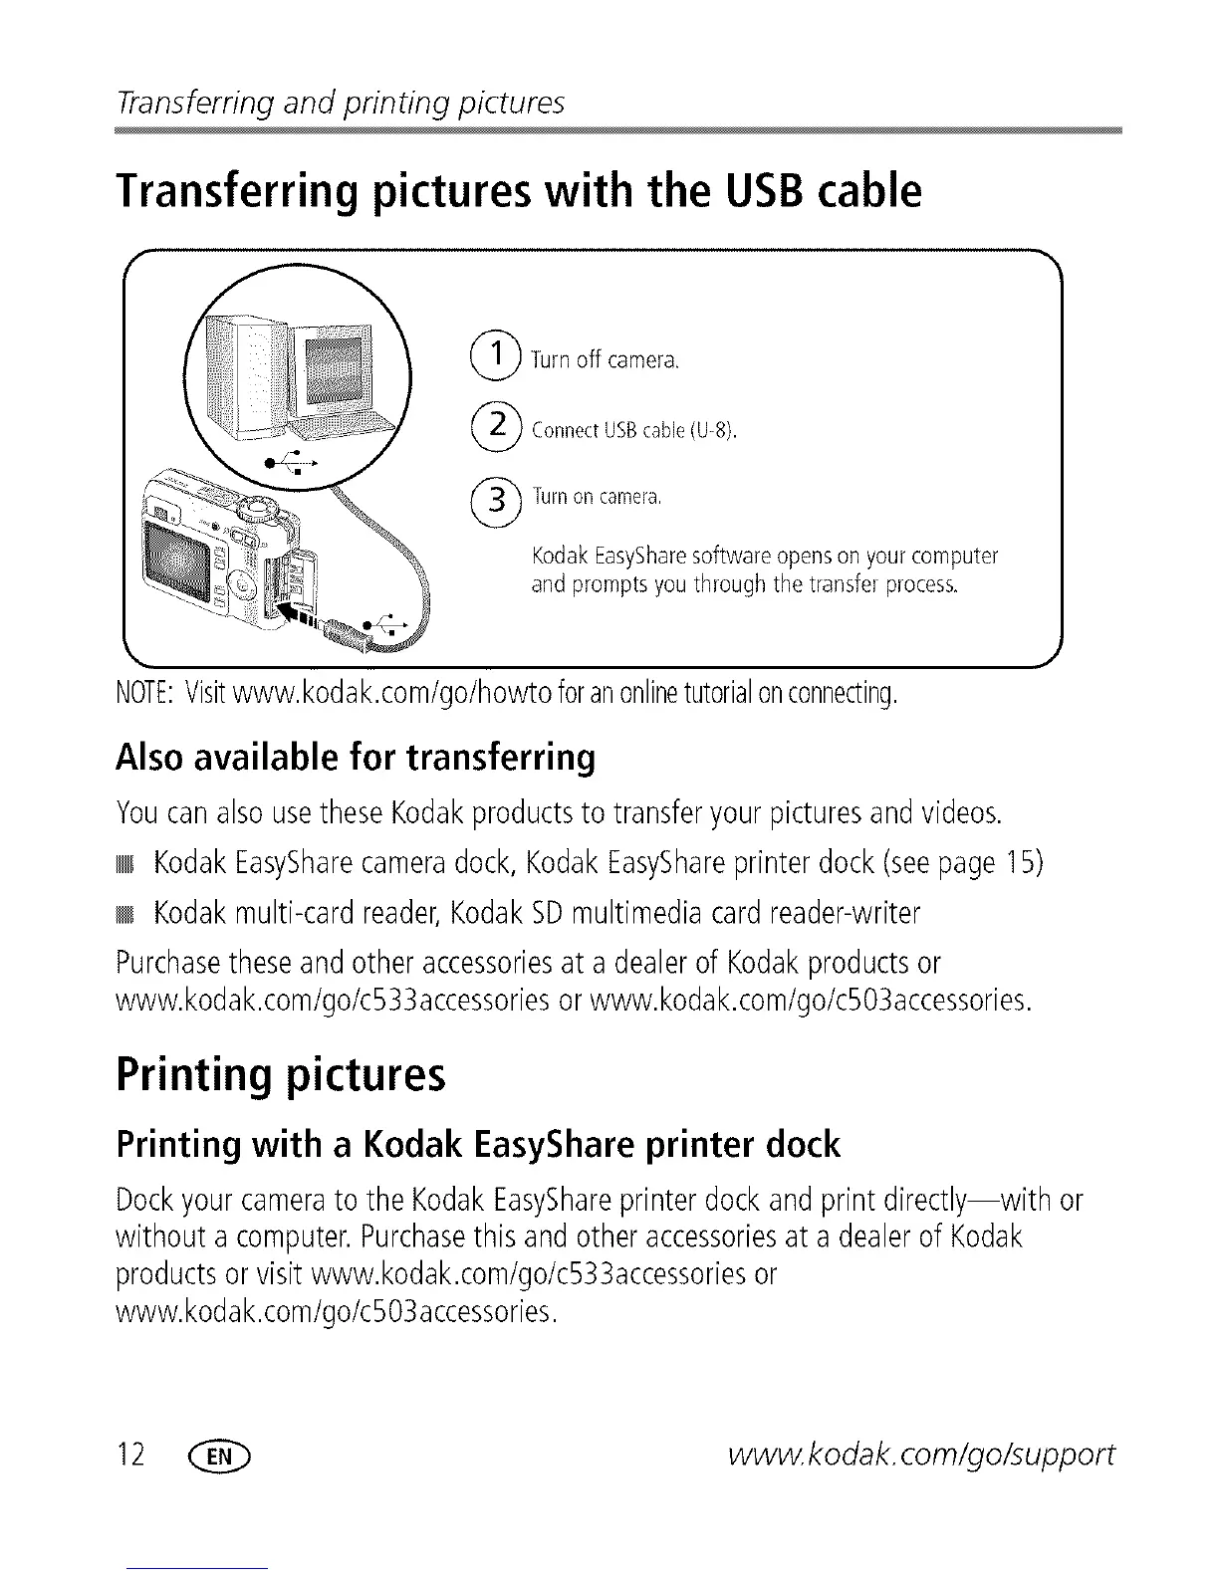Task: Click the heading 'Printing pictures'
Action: pyautogui.click(x=281, y=1075)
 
